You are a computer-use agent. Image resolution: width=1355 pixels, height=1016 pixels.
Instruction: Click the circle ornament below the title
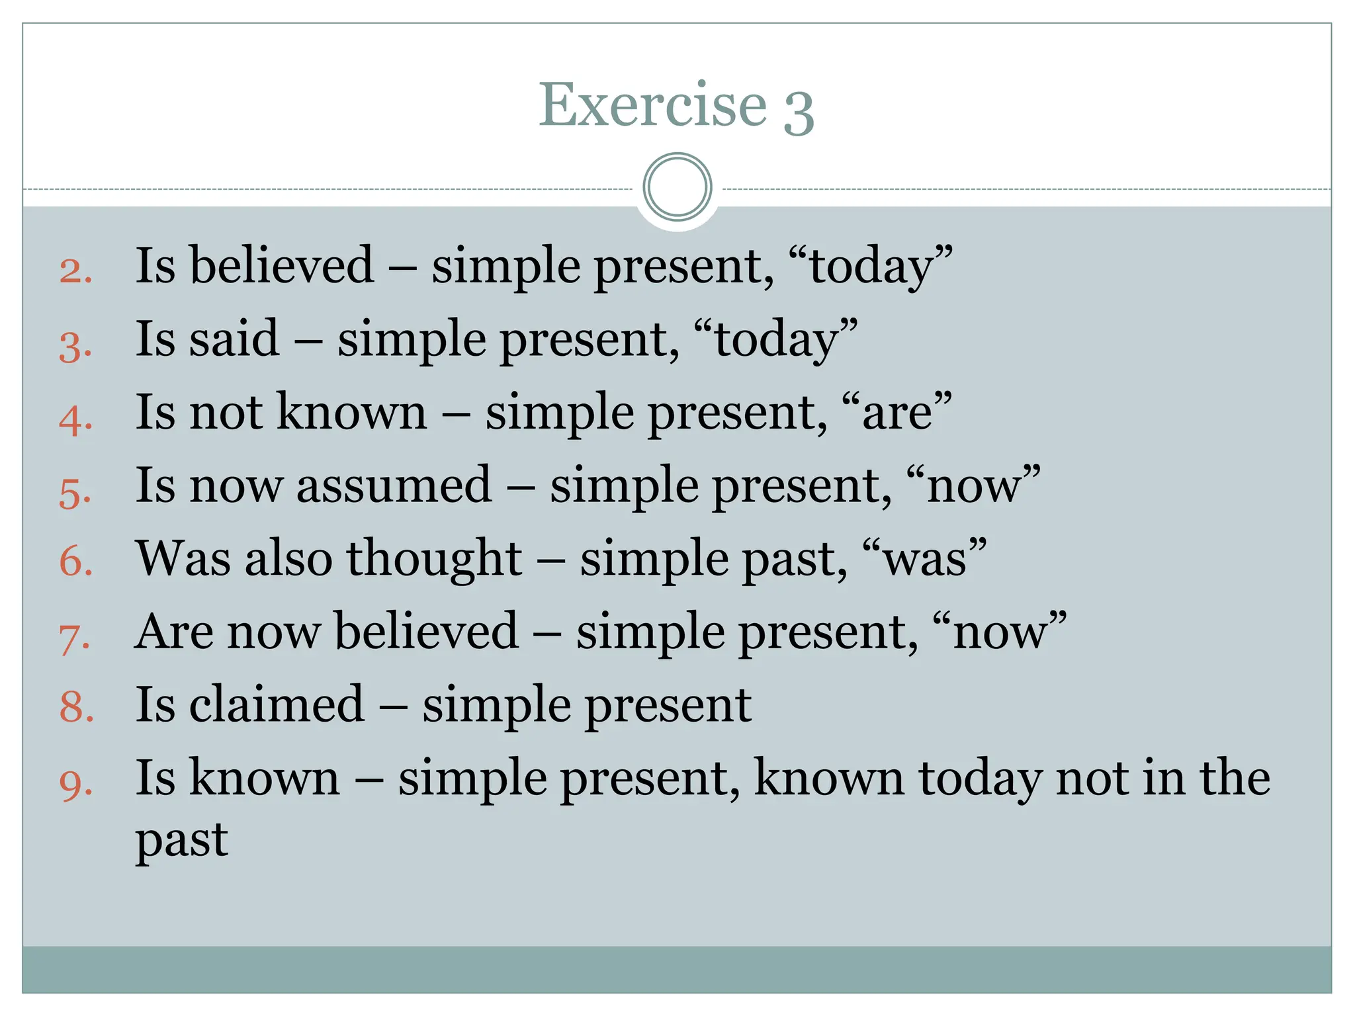[x=677, y=187]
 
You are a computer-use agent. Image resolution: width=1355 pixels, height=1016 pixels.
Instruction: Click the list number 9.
[x=75, y=784]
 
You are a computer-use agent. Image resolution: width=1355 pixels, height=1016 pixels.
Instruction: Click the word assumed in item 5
[x=394, y=485]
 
